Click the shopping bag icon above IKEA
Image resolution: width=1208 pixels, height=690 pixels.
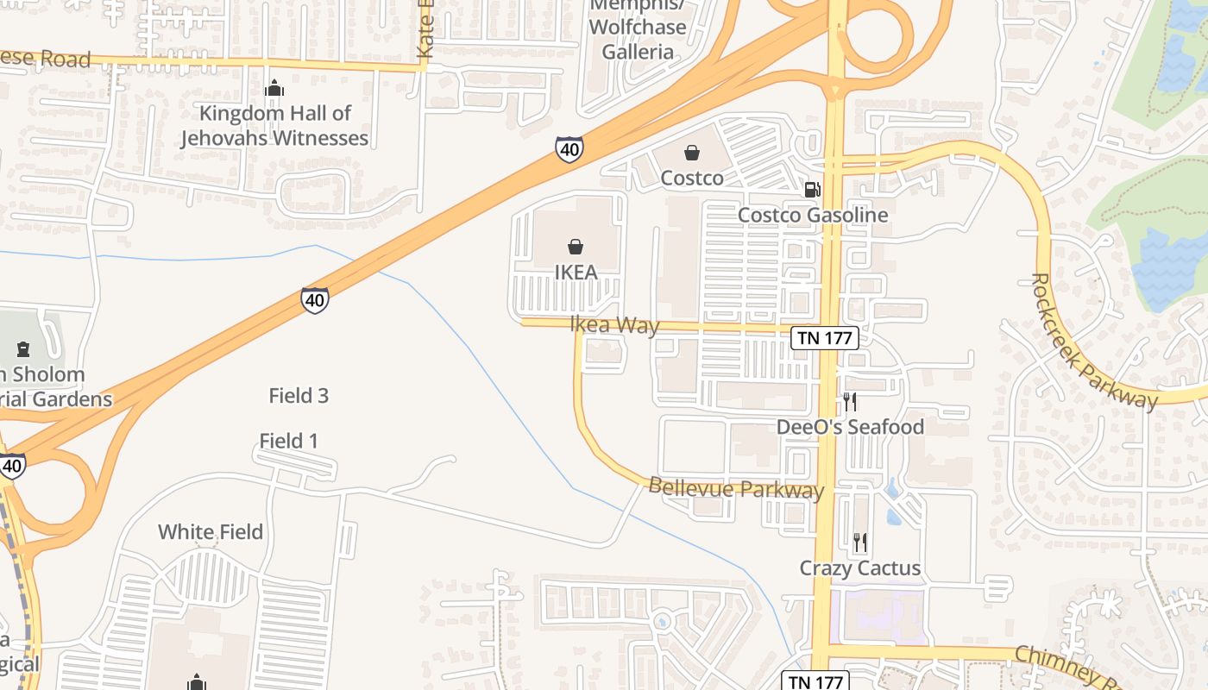pyautogui.click(x=576, y=247)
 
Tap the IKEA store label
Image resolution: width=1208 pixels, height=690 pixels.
pyautogui.click(x=576, y=273)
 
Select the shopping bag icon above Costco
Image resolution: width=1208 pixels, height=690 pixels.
pyautogui.click(x=692, y=153)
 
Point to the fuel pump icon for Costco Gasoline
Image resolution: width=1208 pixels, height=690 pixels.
pyautogui.click(x=812, y=189)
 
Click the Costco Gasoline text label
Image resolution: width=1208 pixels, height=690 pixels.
pyautogui.click(x=813, y=215)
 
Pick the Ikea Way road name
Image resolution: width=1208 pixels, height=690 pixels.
pyautogui.click(x=614, y=325)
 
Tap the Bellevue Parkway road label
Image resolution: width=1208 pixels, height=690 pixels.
pyautogui.click(x=736, y=488)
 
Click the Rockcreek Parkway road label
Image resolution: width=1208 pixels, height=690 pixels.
pyautogui.click(x=1093, y=342)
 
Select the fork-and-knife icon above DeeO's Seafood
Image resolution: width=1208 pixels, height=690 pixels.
pyautogui.click(x=850, y=401)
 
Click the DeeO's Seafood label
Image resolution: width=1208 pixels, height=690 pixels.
pyautogui.click(x=850, y=427)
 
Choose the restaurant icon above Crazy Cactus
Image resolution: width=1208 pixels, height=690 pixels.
pyautogui.click(x=860, y=542)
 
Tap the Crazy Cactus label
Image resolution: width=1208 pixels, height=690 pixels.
pyautogui.click(x=860, y=568)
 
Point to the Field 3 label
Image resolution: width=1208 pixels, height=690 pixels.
pyautogui.click(x=299, y=396)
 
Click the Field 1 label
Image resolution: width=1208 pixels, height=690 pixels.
pyautogui.click(x=289, y=442)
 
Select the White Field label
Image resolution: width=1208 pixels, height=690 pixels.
pyautogui.click(x=211, y=532)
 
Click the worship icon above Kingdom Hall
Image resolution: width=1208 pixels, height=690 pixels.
pyautogui.click(x=274, y=88)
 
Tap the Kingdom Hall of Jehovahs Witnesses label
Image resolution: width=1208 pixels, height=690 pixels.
pyautogui.click(x=275, y=125)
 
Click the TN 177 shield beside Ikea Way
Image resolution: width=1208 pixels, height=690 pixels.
pyautogui.click(x=825, y=338)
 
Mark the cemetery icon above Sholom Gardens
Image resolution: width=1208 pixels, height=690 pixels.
pyautogui.click(x=23, y=349)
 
